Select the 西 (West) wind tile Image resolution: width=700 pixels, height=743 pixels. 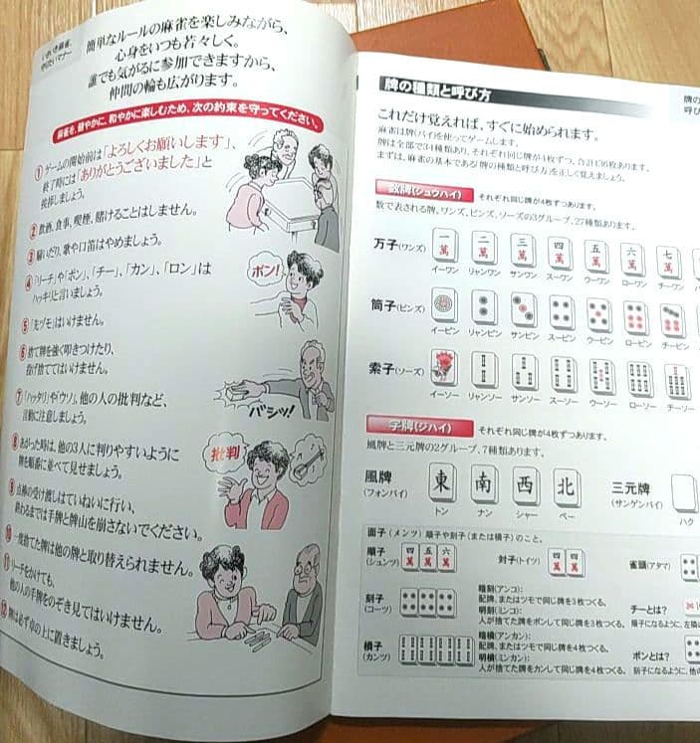pos(526,486)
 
